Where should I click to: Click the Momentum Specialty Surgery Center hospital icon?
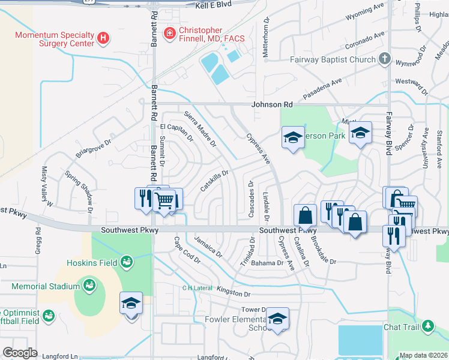click(x=103, y=38)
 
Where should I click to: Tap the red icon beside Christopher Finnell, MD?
click(x=170, y=32)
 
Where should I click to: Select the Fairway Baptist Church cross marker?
click(x=385, y=59)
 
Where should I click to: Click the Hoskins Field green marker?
click(x=127, y=261)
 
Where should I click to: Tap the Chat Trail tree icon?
click(x=427, y=327)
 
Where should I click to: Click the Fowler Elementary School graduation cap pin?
click(x=277, y=319)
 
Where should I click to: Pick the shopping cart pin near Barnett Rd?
click(x=164, y=200)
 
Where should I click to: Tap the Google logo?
click(x=20, y=353)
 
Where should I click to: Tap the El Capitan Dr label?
click(x=176, y=132)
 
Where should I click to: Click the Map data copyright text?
click(x=423, y=355)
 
